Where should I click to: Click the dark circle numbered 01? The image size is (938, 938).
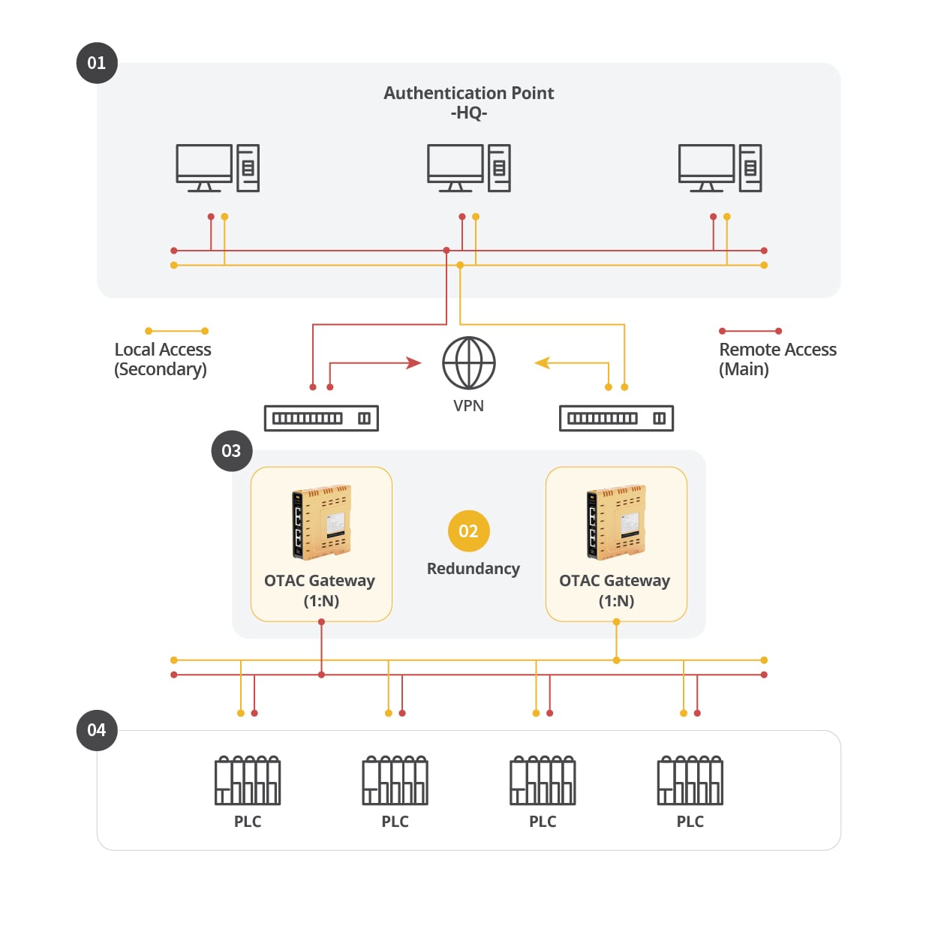point(97,63)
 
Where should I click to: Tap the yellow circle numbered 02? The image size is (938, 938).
point(468,531)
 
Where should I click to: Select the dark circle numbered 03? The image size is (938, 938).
point(232,451)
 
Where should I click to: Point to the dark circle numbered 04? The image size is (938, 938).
point(97,729)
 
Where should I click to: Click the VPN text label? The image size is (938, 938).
point(468,405)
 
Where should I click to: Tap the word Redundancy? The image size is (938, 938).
point(474,569)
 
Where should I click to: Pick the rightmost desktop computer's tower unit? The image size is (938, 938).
point(750,168)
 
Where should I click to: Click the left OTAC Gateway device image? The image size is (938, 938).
point(321,522)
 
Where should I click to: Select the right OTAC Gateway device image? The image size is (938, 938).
point(616,522)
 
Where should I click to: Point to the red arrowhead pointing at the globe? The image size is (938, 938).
point(413,362)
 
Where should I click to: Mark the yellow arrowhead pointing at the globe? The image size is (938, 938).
point(543,362)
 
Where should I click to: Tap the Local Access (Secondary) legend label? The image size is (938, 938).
point(163,359)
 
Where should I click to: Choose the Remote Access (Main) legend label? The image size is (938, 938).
point(777,359)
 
